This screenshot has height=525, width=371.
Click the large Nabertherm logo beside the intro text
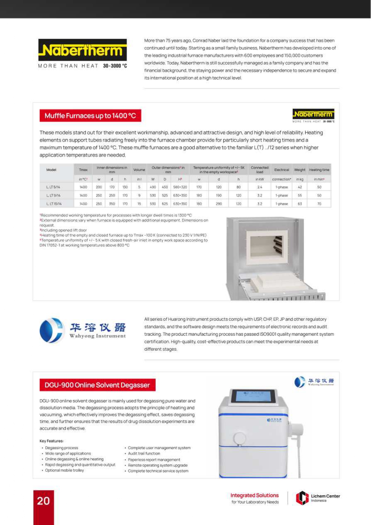83,50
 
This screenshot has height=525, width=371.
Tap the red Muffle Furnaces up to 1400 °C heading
90,116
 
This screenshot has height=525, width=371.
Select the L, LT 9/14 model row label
54,195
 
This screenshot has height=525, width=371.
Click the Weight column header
300,170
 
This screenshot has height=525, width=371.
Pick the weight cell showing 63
300,204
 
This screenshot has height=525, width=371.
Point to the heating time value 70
319,204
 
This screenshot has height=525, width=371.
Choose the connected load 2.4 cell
259,187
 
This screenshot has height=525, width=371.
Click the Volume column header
139,170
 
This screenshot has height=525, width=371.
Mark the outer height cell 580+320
180,187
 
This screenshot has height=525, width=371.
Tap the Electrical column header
282,170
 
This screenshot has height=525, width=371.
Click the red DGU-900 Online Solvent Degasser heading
97,385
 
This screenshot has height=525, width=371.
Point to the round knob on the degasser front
239,439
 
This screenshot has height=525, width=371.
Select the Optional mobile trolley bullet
64,470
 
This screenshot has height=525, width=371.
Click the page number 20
43,501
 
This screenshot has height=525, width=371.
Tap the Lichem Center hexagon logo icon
302,498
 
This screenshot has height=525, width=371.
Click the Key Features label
51,441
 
